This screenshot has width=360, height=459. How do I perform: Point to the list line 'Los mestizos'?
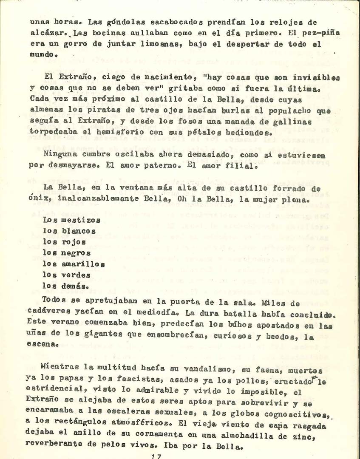72,220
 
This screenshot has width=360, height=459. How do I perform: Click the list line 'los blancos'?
69,231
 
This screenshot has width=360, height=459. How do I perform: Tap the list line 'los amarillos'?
74,264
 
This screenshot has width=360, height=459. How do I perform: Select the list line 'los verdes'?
67,275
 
